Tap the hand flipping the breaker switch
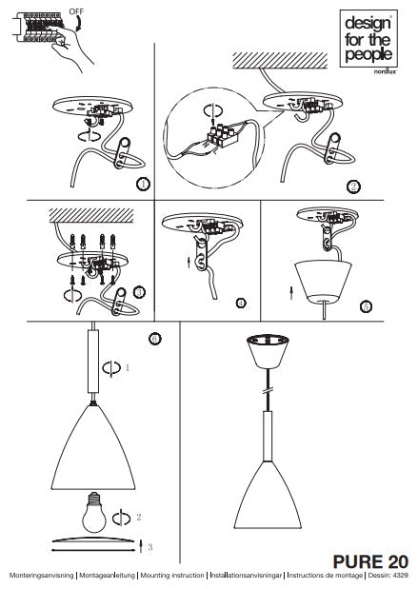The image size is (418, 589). (69, 48)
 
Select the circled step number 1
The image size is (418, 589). (143, 184)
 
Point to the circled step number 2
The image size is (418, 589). (354, 187)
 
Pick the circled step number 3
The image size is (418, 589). (140, 293)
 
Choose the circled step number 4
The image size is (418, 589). (241, 303)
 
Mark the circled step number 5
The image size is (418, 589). (366, 306)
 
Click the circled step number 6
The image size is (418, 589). (155, 339)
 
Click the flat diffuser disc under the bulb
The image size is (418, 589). (91, 539)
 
